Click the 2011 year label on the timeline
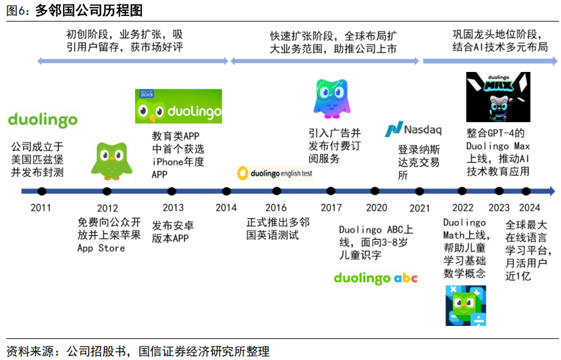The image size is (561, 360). (40, 208)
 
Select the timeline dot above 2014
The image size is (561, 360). (226, 192)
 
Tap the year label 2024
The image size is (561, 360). (530, 208)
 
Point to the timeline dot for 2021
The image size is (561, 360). (420, 192)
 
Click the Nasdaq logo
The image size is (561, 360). (413, 129)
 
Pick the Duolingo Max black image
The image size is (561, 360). (498, 97)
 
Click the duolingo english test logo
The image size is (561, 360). (275, 174)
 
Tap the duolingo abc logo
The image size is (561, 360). (376, 278)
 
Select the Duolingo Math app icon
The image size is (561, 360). (466, 305)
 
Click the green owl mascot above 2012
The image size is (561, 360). (112, 161)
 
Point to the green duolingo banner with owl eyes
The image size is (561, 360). (178, 106)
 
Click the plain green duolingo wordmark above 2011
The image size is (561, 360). (42, 120)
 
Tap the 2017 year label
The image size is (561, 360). (332, 208)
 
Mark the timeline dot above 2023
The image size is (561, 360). (499, 192)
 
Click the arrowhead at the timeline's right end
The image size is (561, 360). (551, 191)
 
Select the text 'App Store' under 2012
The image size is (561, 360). (102, 248)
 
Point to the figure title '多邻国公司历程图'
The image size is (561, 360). (89, 10)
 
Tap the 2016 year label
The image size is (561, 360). (276, 208)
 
